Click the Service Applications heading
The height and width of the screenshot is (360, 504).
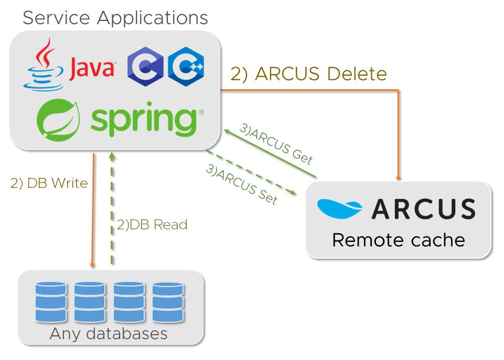coord(115,18)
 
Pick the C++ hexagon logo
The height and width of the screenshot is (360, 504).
coord(186,66)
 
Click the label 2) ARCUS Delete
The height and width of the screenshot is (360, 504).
coord(309,74)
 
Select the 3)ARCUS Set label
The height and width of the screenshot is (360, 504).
coord(241,184)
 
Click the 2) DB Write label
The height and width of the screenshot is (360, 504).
coord(49,184)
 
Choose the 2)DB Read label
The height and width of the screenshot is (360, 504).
coord(152,225)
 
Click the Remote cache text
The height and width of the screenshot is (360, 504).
coord(399,240)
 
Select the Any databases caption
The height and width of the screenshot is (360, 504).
coord(109,334)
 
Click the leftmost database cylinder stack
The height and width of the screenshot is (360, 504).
coord(51,302)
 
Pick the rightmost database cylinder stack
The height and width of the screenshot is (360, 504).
coord(168,302)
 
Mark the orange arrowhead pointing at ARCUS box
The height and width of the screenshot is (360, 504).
coord(399,177)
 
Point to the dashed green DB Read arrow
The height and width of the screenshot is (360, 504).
coord(111,210)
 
